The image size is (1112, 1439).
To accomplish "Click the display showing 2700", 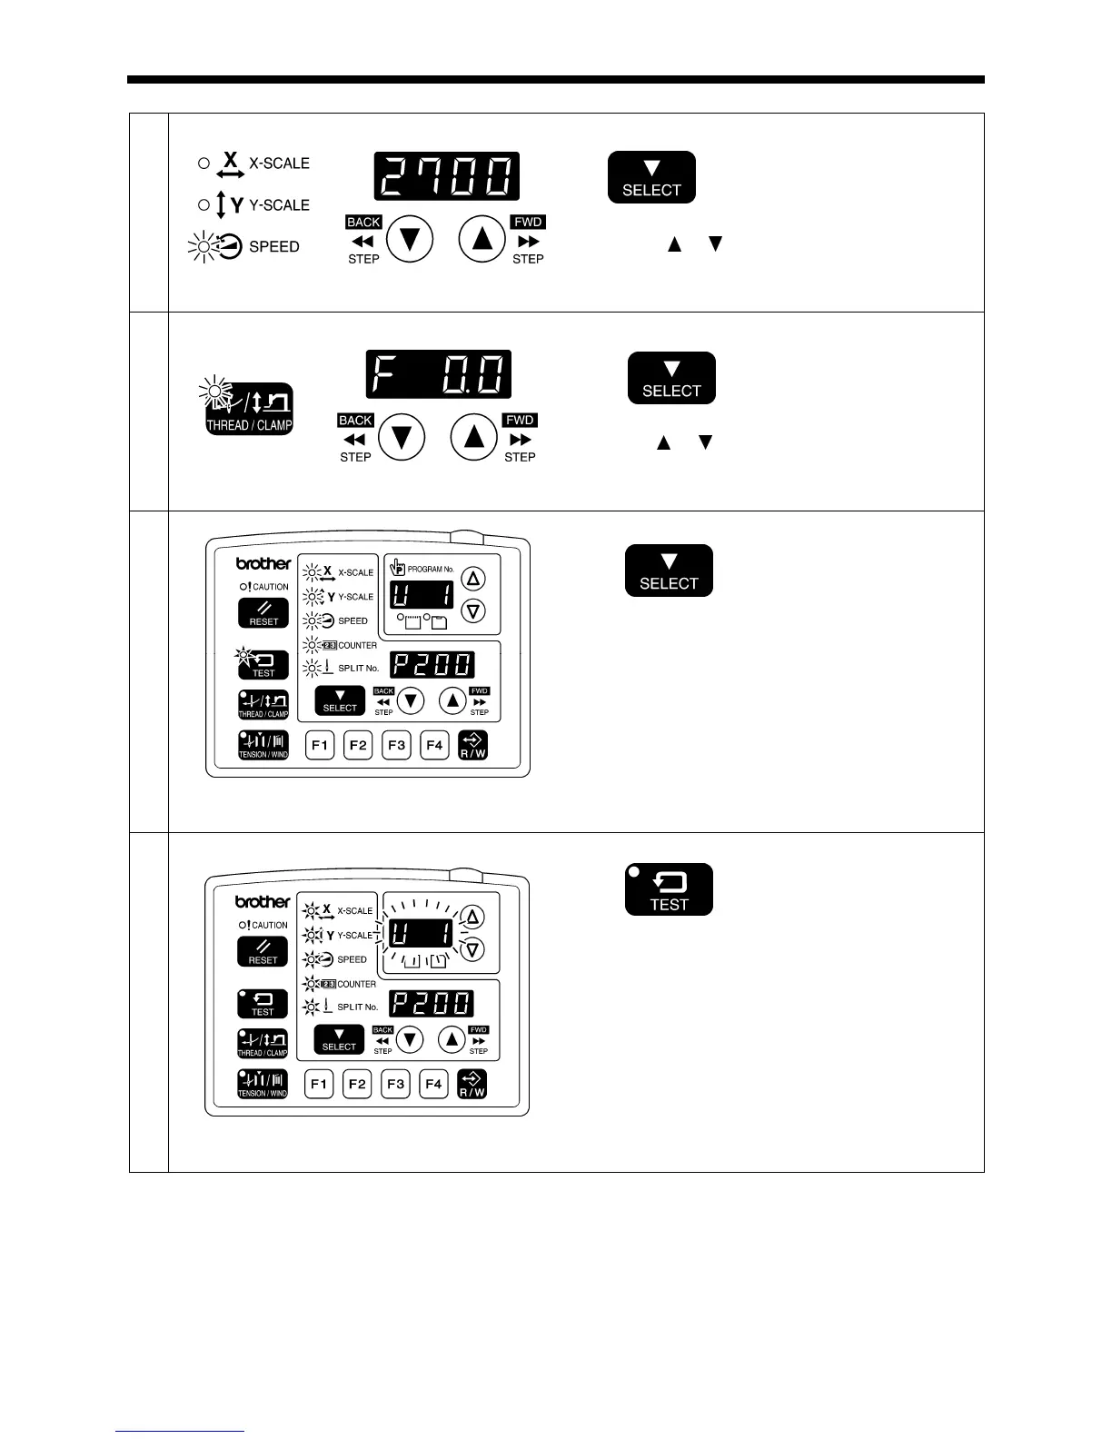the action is tap(446, 176).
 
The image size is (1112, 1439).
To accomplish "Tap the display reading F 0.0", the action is tap(439, 374).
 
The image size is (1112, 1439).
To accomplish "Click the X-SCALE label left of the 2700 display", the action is tap(279, 164).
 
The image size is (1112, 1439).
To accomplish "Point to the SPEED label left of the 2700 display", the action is tap(273, 247).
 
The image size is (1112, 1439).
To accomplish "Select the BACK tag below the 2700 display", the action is tap(363, 222).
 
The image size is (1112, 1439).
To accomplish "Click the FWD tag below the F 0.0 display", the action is tap(520, 420).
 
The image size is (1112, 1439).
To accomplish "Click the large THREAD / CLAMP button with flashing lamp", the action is tap(250, 410).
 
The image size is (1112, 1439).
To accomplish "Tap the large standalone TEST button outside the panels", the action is tap(669, 889).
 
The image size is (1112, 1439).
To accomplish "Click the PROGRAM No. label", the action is tap(430, 569).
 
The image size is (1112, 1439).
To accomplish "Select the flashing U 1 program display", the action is tap(422, 934).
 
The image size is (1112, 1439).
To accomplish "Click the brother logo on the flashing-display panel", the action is tap(263, 902).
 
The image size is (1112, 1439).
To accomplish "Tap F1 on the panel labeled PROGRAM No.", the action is tap(319, 746).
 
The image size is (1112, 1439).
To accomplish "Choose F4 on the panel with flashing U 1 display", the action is tap(433, 1084).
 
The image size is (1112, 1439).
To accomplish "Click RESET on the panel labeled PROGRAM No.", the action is tap(263, 613).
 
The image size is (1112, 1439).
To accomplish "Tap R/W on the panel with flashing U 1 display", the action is tap(472, 1084).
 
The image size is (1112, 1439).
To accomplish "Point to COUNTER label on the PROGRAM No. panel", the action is tap(357, 645).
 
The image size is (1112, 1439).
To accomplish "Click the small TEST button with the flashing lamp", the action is tap(263, 665).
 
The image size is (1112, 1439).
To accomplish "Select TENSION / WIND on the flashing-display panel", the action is tap(263, 1084).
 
